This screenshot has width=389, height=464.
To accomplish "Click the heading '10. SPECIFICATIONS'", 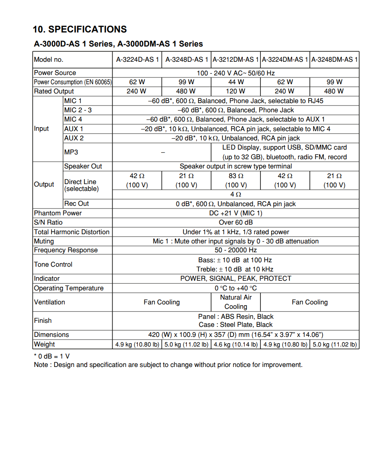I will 80,29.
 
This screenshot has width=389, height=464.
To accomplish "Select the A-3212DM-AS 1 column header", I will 235,59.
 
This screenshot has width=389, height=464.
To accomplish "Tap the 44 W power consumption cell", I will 235,82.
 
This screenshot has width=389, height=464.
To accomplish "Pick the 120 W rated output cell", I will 235,91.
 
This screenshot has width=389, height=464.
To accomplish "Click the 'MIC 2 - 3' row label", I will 78,110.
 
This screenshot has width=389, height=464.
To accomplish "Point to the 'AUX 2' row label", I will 74,138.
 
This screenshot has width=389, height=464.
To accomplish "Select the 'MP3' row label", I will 71,152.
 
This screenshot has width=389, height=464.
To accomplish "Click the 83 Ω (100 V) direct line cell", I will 235,180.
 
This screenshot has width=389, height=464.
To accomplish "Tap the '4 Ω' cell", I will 235,194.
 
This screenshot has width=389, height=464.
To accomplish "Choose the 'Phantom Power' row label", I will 58,213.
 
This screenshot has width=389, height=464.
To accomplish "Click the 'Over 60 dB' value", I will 235,222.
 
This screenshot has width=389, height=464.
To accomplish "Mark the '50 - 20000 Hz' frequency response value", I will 235,250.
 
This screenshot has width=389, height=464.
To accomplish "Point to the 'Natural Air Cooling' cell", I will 235,302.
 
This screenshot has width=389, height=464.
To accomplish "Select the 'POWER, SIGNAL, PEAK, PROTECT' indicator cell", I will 235,278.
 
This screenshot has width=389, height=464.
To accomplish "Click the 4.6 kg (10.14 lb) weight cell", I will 235,344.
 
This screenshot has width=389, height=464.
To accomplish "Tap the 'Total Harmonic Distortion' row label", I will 72,232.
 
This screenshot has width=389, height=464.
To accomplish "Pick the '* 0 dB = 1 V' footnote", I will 52,356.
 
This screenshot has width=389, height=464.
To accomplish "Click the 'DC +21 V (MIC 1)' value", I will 235,213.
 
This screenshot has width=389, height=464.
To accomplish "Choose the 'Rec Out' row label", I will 76,203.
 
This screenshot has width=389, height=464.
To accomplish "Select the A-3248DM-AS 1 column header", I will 334,59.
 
